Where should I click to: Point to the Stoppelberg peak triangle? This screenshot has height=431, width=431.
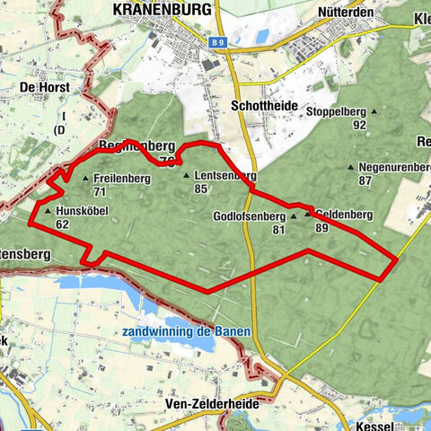click(x=374, y=112)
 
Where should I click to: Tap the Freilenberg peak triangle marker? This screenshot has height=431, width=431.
click(x=86, y=179)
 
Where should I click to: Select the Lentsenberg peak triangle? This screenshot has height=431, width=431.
click(x=186, y=176)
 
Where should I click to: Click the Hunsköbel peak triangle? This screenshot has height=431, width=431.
click(x=48, y=213)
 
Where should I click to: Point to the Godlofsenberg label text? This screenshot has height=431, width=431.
click(x=249, y=217)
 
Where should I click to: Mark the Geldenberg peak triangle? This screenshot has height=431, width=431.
click(x=307, y=215)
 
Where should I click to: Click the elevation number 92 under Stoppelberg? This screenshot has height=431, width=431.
click(x=359, y=125)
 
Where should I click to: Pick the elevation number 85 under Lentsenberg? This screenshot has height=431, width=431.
click(x=200, y=189)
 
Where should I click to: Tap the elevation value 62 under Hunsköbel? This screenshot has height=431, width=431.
click(x=62, y=224)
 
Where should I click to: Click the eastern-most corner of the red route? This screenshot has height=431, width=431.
click(x=397, y=260)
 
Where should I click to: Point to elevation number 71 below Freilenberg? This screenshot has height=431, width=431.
click(x=100, y=191)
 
